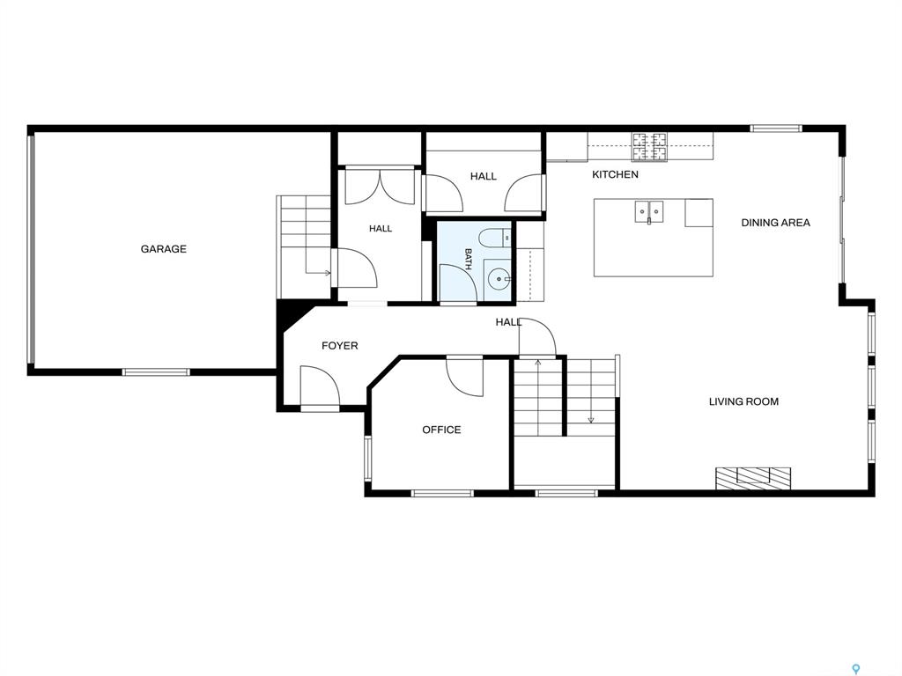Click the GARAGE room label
pyautogui.click(x=163, y=249)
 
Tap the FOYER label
pyautogui.click(x=339, y=345)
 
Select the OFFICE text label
pyautogui.click(x=441, y=430)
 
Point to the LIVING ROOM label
pyautogui.click(x=743, y=401)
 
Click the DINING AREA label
pyautogui.click(x=775, y=223)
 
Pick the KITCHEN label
pyautogui.click(x=615, y=174)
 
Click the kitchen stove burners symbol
pyautogui.click(x=650, y=146)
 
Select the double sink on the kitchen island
pyautogui.click(x=649, y=211)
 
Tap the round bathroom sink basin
pyautogui.click(x=497, y=280)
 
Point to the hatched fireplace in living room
pyautogui.click(x=753, y=478)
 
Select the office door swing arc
pyautogui.click(x=465, y=377)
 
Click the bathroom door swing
pyautogui.click(x=457, y=283)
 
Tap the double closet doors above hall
pyautogui.click(x=380, y=186)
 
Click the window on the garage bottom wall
pyautogui.click(x=157, y=372)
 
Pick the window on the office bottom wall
pyautogui.click(x=442, y=493)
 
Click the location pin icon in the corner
pyautogui.click(x=856, y=669)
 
